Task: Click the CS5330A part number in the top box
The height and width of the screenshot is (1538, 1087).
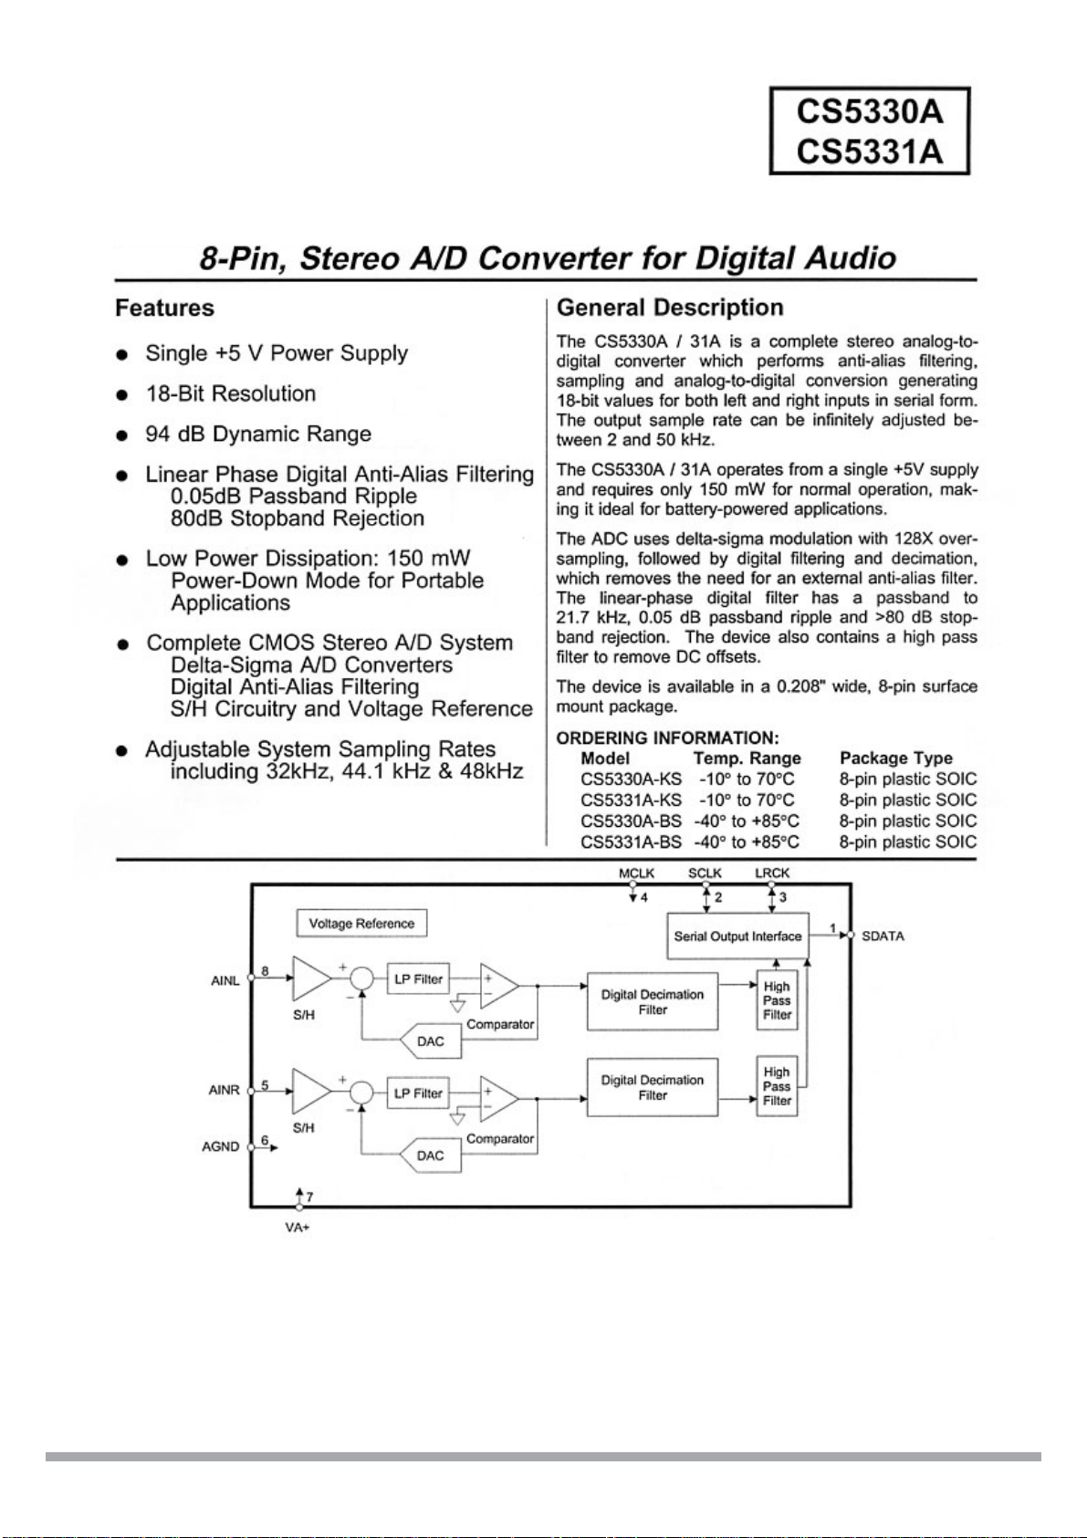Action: [x=869, y=112]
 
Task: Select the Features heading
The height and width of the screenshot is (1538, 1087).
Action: [x=165, y=309]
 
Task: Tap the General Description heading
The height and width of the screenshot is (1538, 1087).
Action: [x=670, y=308]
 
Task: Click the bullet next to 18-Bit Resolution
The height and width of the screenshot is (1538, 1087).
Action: [x=122, y=395]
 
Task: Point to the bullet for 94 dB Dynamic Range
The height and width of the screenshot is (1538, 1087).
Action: [x=122, y=436]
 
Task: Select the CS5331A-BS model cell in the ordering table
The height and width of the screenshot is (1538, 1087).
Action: [x=631, y=842]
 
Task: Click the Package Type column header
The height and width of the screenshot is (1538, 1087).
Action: [x=896, y=758]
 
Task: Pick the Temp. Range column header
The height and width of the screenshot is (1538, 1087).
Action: [x=747, y=758]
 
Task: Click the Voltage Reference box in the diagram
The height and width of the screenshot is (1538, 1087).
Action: [x=361, y=924]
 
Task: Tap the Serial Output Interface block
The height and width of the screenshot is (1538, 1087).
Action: [x=738, y=936]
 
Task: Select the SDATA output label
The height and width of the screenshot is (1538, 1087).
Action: [x=883, y=936]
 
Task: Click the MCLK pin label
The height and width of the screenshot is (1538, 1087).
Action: [x=636, y=873]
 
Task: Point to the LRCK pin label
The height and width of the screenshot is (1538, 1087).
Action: [x=772, y=873]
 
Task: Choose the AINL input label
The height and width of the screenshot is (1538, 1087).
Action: [x=225, y=981]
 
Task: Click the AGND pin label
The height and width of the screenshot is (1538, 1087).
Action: [x=221, y=1146]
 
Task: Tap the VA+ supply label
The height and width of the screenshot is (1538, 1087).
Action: [x=298, y=1228]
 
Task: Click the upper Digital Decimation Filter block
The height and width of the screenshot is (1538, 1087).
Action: [x=653, y=1002]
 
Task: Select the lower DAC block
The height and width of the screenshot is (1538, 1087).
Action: [x=431, y=1156]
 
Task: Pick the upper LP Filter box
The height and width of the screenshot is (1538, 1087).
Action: [x=418, y=979]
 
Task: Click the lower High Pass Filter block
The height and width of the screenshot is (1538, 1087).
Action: [x=777, y=1086]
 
